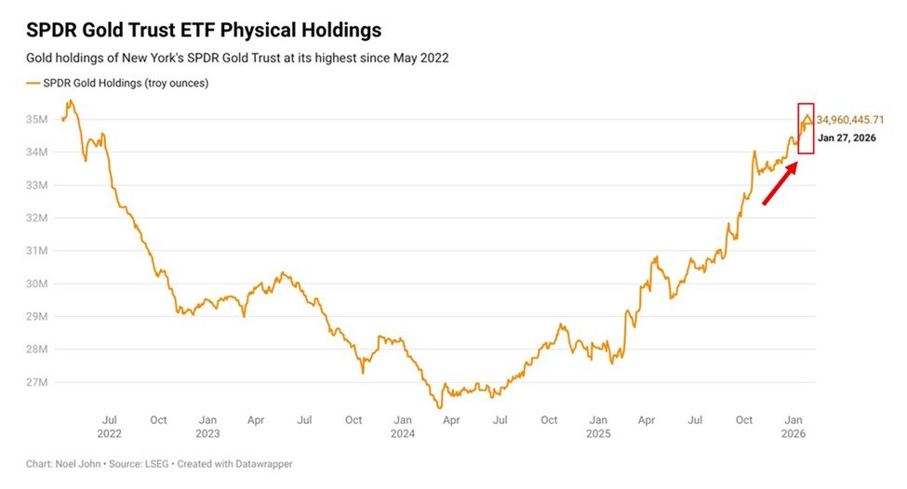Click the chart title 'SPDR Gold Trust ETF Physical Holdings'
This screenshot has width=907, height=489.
tap(204, 31)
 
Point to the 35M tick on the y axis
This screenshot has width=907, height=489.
tap(37, 120)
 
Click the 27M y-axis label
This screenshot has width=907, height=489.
tap(37, 382)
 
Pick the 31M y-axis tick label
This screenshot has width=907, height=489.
tap(37, 251)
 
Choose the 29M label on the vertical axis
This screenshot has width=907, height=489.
tap(37, 317)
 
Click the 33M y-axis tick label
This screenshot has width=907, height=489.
tap(37, 185)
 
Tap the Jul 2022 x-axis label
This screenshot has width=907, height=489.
tap(109, 427)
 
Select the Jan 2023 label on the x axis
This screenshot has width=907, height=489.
tap(207, 427)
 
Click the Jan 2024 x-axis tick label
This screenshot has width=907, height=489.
tap(403, 427)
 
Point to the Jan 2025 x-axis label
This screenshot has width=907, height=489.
tap(599, 427)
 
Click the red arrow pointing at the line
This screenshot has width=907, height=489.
tap(780, 183)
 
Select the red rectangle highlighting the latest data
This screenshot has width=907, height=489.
tap(806, 127)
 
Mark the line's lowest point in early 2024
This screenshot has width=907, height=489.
tap(439, 407)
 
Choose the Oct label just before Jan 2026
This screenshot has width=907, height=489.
tap(745, 420)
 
